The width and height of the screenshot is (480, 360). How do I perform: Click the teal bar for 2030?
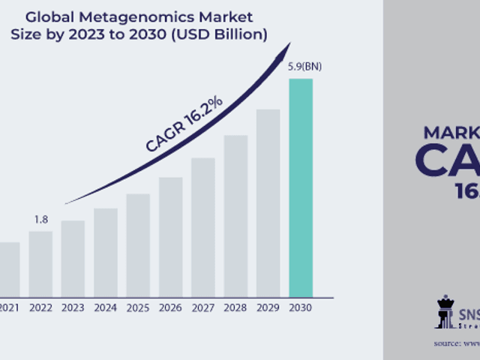pos(301,187)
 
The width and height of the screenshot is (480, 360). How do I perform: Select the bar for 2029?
pos(268,202)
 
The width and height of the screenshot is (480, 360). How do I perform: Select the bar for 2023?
pos(73,258)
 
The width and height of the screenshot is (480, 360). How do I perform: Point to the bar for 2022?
pos(40,263)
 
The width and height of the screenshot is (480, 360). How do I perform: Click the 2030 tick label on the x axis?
pos(301,307)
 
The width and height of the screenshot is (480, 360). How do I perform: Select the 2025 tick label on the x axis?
pos(138,307)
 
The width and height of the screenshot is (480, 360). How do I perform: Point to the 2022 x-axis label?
pos(40,307)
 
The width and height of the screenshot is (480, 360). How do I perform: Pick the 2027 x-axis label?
pos(203,307)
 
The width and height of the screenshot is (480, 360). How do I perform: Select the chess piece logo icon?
pos(445,312)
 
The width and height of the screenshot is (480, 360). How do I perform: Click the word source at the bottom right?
pos(448,343)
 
